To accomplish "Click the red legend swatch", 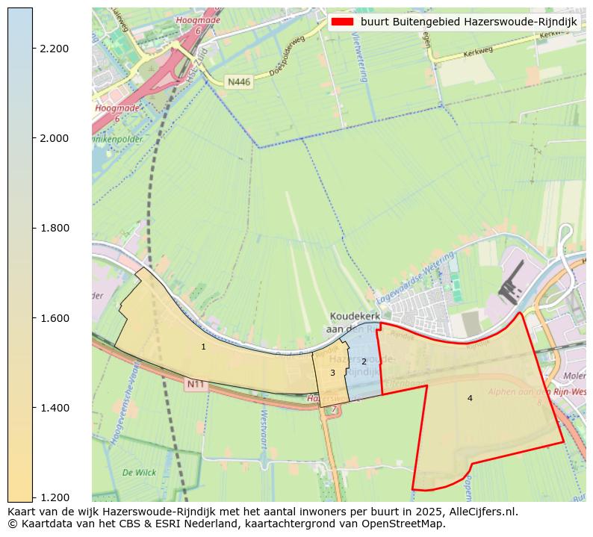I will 343,22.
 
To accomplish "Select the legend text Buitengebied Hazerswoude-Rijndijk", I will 468,22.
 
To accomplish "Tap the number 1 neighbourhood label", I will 203,347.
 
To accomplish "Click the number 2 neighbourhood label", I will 364,361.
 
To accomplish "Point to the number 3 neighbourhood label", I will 332,373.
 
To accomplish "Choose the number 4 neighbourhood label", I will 470,398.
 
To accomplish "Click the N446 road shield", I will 239,81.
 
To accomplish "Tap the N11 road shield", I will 196,384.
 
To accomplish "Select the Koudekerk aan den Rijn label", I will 355,323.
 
